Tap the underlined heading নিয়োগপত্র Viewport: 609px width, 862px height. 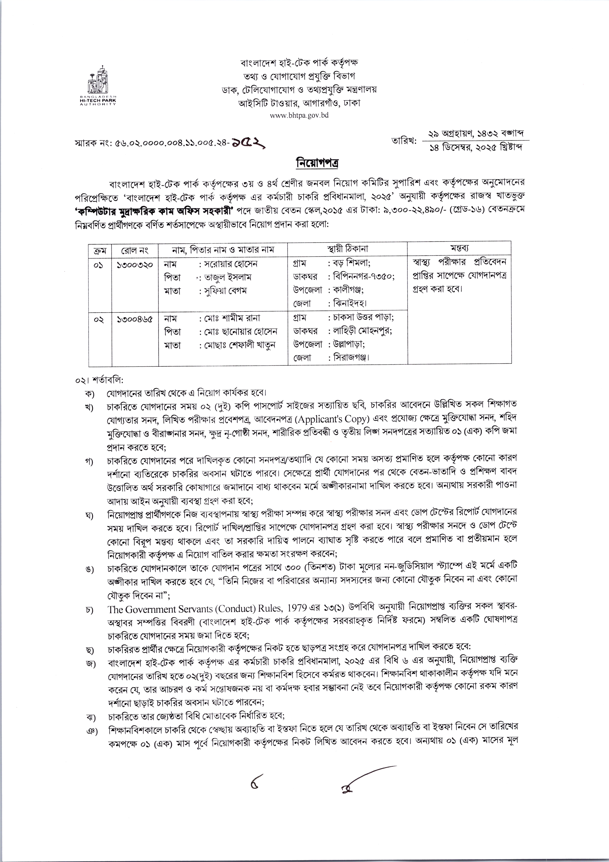[304, 164]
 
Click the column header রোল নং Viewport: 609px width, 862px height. [135, 249]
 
